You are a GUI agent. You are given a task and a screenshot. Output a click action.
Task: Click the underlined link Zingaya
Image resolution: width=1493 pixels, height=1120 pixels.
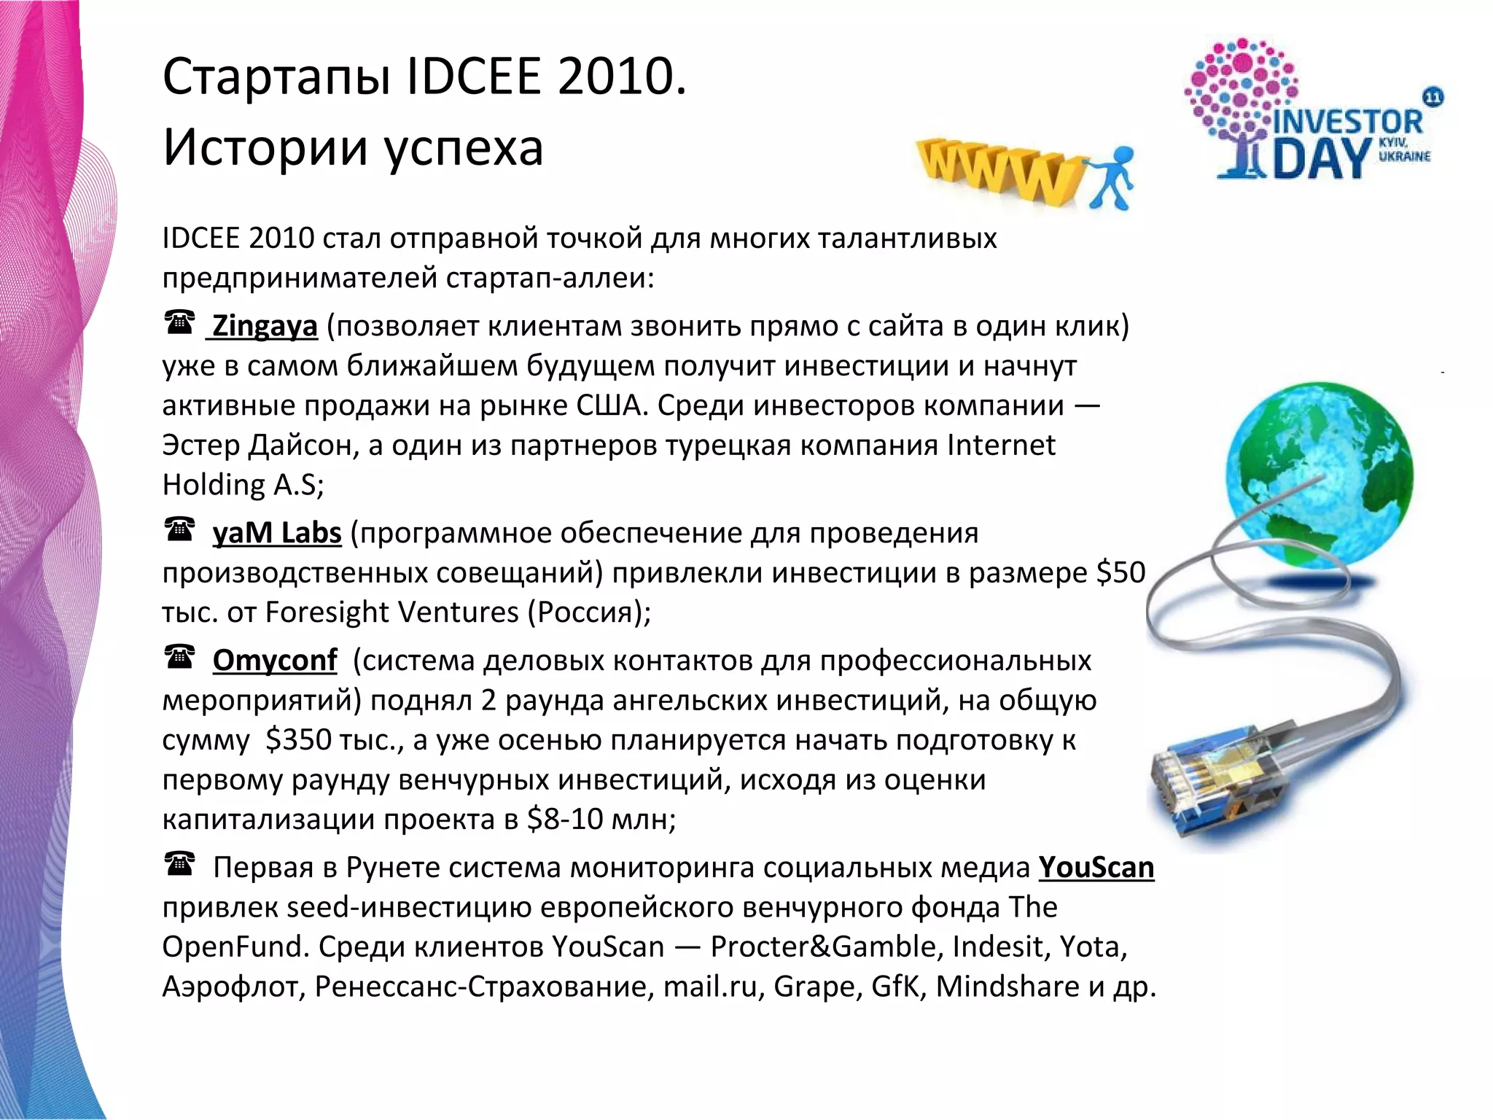264,326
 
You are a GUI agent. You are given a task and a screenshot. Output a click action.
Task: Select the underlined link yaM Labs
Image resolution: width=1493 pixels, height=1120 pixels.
276,533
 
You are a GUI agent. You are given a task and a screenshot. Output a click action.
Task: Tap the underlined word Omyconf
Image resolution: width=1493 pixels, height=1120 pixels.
274,661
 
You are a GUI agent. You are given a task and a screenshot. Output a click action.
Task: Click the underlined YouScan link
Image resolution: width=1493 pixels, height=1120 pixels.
1096,868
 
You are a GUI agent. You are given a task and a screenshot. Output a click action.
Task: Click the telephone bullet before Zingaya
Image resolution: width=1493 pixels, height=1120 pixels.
179,322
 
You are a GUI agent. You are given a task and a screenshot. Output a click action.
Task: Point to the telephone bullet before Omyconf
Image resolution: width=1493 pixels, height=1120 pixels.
179,657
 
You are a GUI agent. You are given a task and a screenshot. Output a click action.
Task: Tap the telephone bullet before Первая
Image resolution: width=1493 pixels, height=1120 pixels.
179,864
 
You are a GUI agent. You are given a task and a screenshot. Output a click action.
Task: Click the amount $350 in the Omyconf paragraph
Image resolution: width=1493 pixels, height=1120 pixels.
298,740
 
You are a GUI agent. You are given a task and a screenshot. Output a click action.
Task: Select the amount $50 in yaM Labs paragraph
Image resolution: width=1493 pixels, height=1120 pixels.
1120,573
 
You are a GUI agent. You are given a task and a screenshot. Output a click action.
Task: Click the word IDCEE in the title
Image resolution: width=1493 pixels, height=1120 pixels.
473,77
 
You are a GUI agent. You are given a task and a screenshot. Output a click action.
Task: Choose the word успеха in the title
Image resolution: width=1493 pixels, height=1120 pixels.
463,148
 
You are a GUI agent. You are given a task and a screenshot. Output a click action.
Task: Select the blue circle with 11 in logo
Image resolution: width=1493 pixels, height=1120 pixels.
1432,98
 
